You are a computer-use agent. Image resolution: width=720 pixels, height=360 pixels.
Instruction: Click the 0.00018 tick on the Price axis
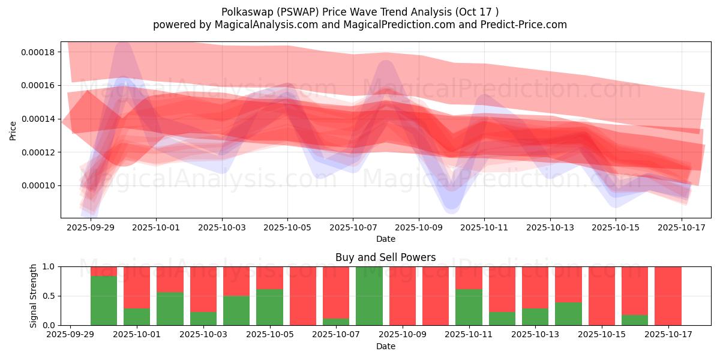(x=37, y=52)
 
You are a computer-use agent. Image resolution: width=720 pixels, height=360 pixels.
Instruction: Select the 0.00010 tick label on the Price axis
(x=37, y=185)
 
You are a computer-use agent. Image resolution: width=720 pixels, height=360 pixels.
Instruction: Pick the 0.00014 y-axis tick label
(x=37, y=119)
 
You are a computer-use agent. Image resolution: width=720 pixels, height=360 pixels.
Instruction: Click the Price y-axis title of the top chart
(x=13, y=130)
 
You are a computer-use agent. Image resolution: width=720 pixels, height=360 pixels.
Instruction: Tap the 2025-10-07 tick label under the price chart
(x=353, y=228)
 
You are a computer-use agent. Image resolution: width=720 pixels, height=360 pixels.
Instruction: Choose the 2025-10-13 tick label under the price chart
(x=550, y=228)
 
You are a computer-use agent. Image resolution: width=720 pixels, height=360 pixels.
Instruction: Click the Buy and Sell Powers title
(x=385, y=257)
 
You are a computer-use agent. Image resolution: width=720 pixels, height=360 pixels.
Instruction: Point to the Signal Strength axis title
(x=34, y=296)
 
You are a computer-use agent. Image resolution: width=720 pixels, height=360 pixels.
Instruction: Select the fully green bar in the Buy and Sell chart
(x=369, y=296)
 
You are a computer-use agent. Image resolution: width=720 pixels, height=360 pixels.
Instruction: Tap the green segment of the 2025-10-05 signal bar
(x=269, y=307)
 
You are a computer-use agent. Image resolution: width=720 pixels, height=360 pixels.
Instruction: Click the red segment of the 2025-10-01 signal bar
(x=137, y=287)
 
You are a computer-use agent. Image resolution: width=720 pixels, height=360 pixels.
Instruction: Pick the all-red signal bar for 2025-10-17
(x=668, y=296)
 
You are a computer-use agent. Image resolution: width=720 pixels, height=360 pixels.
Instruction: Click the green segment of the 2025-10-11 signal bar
(x=469, y=307)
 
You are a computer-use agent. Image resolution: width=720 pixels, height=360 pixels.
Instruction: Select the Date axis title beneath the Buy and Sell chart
(x=385, y=346)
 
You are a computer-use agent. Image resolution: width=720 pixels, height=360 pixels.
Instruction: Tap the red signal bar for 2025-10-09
(x=402, y=296)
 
